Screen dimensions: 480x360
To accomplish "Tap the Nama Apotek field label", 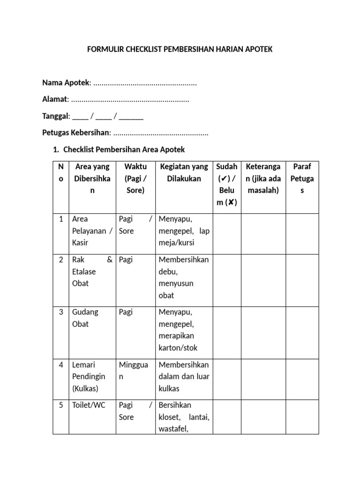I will click(x=66, y=83).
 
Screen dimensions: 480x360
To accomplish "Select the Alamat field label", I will click(x=55, y=99).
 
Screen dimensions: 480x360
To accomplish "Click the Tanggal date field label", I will click(x=56, y=116).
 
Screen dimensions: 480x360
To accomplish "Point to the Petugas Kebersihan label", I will click(x=75, y=133).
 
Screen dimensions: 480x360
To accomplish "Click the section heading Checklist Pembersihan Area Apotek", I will click(x=124, y=150).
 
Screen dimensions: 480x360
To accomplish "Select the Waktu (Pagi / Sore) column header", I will click(x=135, y=178).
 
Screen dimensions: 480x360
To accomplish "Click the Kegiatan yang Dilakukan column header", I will click(x=184, y=172).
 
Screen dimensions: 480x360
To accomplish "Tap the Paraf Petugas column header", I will click(x=302, y=178).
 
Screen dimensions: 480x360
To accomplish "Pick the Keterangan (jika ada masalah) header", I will click(x=263, y=178).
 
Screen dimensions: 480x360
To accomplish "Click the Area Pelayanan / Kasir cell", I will click(x=92, y=231).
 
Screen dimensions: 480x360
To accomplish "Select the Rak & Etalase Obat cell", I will click(x=92, y=271).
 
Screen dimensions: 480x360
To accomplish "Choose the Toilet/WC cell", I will click(x=89, y=405).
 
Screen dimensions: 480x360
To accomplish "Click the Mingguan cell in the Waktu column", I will click(x=134, y=370).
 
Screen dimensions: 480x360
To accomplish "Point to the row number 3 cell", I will click(x=61, y=312).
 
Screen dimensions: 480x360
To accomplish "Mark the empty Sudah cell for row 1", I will click(x=227, y=234).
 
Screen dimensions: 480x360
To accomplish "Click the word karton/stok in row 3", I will click(x=178, y=348).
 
